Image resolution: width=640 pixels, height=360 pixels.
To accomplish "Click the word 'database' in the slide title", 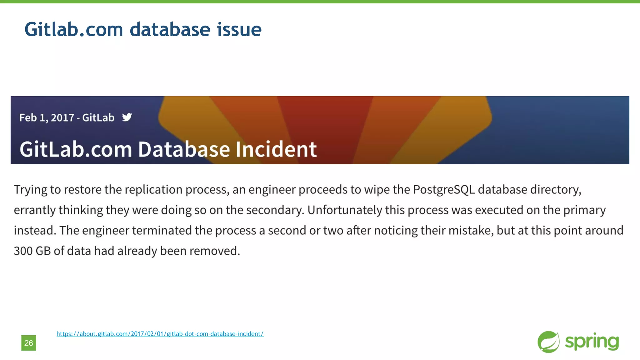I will [170, 29].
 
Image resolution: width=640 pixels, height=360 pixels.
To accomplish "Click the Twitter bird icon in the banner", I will [127, 117].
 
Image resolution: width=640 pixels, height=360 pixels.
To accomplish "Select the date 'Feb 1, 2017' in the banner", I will [47, 118].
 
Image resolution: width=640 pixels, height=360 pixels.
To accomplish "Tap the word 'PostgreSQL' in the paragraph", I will [444, 190].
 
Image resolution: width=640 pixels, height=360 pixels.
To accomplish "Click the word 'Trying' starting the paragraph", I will [30, 190].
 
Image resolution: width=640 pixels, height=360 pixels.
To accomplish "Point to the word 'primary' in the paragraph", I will [584, 210].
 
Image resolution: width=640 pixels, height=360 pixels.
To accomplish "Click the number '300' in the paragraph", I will [23, 251].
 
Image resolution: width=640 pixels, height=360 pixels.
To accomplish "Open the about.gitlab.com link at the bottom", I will [160, 334].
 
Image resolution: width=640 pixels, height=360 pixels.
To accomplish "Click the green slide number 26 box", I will [29, 343].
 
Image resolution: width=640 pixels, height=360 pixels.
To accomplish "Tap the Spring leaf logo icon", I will [548, 342].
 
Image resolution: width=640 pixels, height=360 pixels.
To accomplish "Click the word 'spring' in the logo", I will [592, 342].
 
